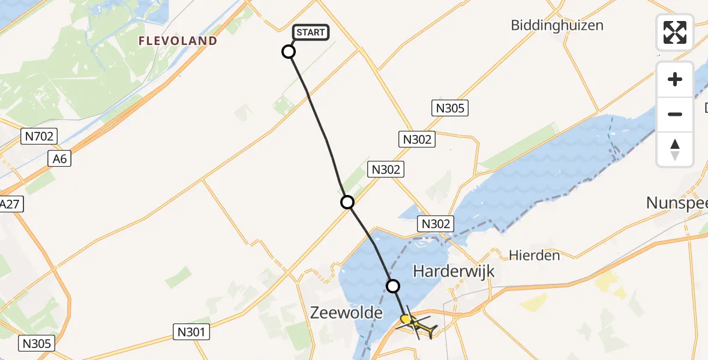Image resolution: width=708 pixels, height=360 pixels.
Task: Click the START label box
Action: click(311, 32)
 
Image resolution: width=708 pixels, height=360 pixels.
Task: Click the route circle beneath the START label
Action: click(289, 52)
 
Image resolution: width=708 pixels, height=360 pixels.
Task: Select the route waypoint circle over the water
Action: click(393, 286)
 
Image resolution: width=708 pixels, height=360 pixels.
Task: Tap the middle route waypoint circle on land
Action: click(347, 202)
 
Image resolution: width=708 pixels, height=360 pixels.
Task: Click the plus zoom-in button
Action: click(675, 79)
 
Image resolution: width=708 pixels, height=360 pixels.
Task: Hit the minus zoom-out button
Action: click(675, 114)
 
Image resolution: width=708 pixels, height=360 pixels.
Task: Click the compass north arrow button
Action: click(675, 149)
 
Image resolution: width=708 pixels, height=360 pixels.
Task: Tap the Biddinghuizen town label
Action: click(557, 25)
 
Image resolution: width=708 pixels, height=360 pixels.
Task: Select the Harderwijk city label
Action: click(454, 271)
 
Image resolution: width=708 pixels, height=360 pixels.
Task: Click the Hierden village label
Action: click(534, 256)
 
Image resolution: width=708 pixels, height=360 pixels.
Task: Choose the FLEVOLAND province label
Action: click(178, 41)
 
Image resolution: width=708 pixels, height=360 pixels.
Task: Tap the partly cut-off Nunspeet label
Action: click(677, 203)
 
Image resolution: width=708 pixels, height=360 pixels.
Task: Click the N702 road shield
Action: click(38, 137)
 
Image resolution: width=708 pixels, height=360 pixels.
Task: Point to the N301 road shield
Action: click(191, 331)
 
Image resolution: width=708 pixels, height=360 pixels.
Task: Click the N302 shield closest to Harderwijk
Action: click(436, 224)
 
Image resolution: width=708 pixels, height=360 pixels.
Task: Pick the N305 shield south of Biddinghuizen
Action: click(449, 108)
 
